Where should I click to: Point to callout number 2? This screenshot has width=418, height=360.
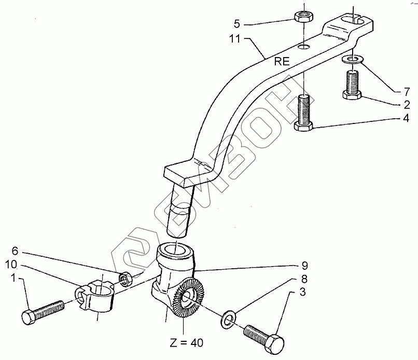pos(400,104)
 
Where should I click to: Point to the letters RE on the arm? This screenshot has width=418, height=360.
pos(283,61)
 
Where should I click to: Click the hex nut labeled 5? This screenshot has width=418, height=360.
pos(302,16)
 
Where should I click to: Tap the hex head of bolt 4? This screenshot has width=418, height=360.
pos(304,126)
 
